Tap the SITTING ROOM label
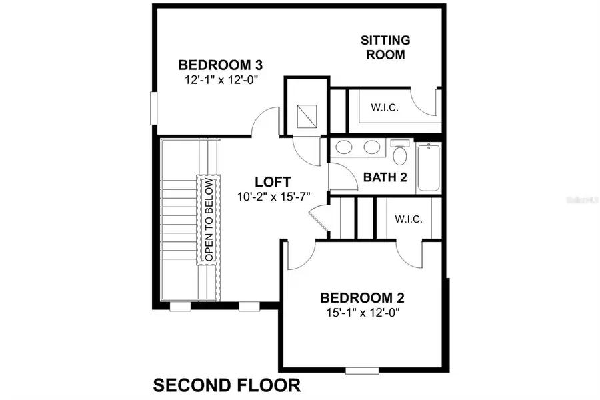[x=385, y=47]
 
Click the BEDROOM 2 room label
[x=362, y=298]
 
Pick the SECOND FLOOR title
[x=227, y=385]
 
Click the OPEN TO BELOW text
[x=208, y=219]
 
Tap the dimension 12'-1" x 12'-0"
[x=221, y=79]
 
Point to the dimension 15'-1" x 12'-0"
[x=362, y=312]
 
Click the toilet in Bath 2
[x=400, y=153]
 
